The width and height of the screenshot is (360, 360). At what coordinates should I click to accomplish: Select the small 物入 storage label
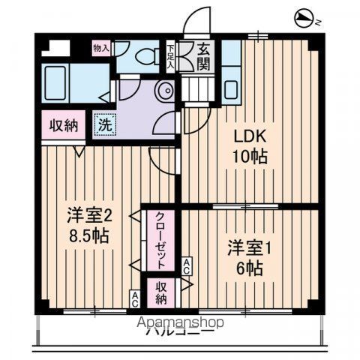[100, 47]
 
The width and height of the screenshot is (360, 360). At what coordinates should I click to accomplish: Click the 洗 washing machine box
[105, 124]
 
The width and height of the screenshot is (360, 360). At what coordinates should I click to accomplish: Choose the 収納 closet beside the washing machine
[64, 125]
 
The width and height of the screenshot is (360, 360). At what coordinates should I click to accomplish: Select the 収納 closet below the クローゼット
[160, 292]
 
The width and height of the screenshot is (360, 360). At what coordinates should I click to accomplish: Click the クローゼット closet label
[160, 241]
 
